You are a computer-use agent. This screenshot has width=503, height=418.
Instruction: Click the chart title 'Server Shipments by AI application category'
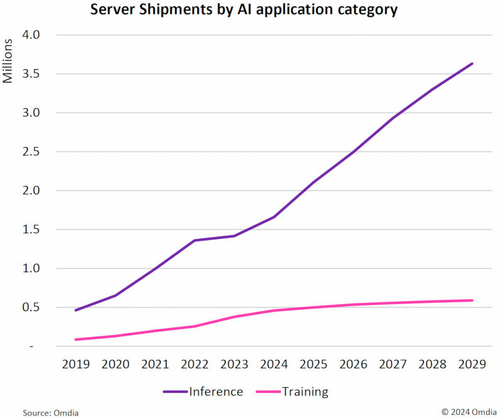click(244, 11)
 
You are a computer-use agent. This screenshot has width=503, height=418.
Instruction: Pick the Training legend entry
click(292, 392)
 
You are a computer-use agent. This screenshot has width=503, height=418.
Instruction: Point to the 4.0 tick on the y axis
click(31, 35)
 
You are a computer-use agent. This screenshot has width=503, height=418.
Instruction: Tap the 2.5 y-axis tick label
click(31, 151)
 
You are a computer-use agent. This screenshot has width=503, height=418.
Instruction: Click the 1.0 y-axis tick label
click(31, 268)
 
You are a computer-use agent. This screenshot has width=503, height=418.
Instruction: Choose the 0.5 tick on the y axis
click(31, 307)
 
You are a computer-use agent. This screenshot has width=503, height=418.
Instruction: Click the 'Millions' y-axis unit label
click(8, 62)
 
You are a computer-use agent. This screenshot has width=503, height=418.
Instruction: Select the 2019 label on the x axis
click(75, 364)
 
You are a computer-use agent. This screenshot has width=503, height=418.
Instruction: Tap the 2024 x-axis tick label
click(274, 364)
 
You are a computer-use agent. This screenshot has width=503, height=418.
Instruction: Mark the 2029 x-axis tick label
click(472, 364)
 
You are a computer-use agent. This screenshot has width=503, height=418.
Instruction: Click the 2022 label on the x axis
click(194, 364)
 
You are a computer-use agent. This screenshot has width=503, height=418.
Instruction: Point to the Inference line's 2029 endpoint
click(472, 63)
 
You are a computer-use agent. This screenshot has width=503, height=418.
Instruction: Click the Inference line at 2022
click(194, 240)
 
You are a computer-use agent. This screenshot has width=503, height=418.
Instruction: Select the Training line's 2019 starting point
click(75, 339)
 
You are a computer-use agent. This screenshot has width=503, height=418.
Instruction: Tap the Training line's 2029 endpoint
click(472, 300)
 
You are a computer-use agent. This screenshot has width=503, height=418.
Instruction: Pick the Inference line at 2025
click(313, 182)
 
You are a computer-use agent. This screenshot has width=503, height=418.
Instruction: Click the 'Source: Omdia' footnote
click(51, 412)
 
